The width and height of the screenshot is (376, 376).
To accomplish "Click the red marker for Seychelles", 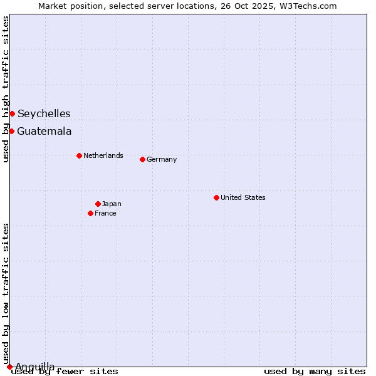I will [x=12, y=113].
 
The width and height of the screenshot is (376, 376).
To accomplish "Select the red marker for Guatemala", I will [x=11, y=131].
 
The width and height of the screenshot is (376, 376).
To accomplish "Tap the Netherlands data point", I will [x=79, y=155].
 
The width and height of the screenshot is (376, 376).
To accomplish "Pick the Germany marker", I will [x=142, y=159].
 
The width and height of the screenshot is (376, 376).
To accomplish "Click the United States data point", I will [x=216, y=197].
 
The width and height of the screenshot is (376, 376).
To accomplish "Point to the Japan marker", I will [x=98, y=204].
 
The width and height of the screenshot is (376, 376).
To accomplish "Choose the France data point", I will [x=90, y=213].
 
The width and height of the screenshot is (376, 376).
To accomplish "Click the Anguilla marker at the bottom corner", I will [x=9, y=367].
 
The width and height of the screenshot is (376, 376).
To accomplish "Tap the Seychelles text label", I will [x=44, y=113].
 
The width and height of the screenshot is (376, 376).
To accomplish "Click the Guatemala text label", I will [x=44, y=131].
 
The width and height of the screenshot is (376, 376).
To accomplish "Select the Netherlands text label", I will [x=103, y=155].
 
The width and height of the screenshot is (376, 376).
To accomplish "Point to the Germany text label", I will [x=162, y=159].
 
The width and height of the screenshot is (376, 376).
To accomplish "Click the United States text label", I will [x=243, y=197].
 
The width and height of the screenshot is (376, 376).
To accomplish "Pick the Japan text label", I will [x=112, y=204].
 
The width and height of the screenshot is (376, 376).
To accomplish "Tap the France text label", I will [x=105, y=213].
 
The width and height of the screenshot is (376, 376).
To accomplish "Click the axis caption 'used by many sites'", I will [x=315, y=372].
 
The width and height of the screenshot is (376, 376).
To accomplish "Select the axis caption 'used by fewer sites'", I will [x=65, y=372].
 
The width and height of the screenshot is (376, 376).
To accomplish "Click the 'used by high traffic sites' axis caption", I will [x=6, y=89].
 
